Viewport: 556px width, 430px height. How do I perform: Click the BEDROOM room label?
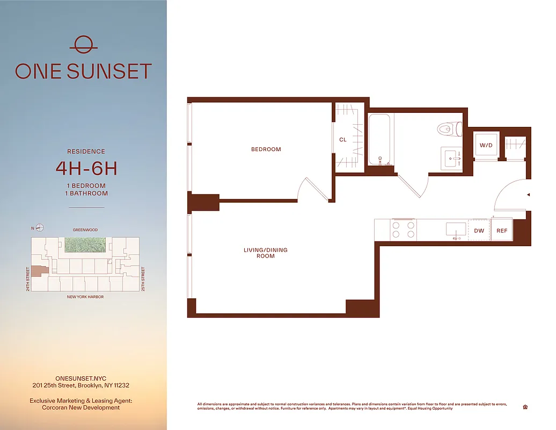pyautogui.click(x=266, y=149)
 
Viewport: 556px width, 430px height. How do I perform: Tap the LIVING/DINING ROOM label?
pyautogui.click(x=266, y=253)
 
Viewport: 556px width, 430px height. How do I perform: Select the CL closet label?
pyautogui.click(x=343, y=140)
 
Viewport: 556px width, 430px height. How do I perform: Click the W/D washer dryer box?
pyautogui.click(x=486, y=145)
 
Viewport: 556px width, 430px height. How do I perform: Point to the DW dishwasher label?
pyautogui.click(x=479, y=231)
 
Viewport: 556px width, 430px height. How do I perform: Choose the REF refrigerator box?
pyautogui.click(x=502, y=231)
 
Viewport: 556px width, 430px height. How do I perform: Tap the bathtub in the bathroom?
pyautogui.click(x=381, y=139)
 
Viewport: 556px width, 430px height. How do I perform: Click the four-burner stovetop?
pyautogui.click(x=404, y=230)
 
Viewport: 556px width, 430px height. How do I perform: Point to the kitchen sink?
pyautogui.click(x=456, y=230)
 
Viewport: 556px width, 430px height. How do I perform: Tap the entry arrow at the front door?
pyautogui.click(x=529, y=195)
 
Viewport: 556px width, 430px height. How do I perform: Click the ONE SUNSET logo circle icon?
pyautogui.click(x=83, y=44)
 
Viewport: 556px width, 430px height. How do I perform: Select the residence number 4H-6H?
pyautogui.click(x=86, y=168)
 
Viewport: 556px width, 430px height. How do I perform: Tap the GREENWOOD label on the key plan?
pyautogui.click(x=85, y=230)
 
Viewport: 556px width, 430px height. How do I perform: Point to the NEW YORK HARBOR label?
pyautogui.click(x=85, y=297)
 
